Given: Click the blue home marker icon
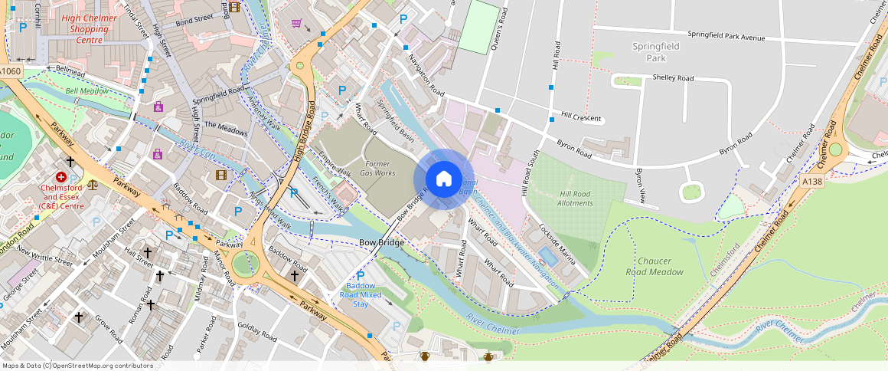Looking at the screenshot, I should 443,179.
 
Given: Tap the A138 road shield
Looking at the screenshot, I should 813,181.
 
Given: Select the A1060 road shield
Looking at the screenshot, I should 10,71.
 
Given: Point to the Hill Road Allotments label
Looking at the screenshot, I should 575,199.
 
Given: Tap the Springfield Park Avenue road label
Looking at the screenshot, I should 726,36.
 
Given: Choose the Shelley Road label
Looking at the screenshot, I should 673,78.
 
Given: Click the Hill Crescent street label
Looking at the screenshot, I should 581,118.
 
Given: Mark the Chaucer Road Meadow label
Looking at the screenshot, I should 654,266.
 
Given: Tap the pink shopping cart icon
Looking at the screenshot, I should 296,23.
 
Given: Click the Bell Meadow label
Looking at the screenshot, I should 87,90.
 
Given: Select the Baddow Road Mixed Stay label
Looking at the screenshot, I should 360,294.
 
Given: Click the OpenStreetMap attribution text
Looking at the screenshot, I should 77,366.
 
